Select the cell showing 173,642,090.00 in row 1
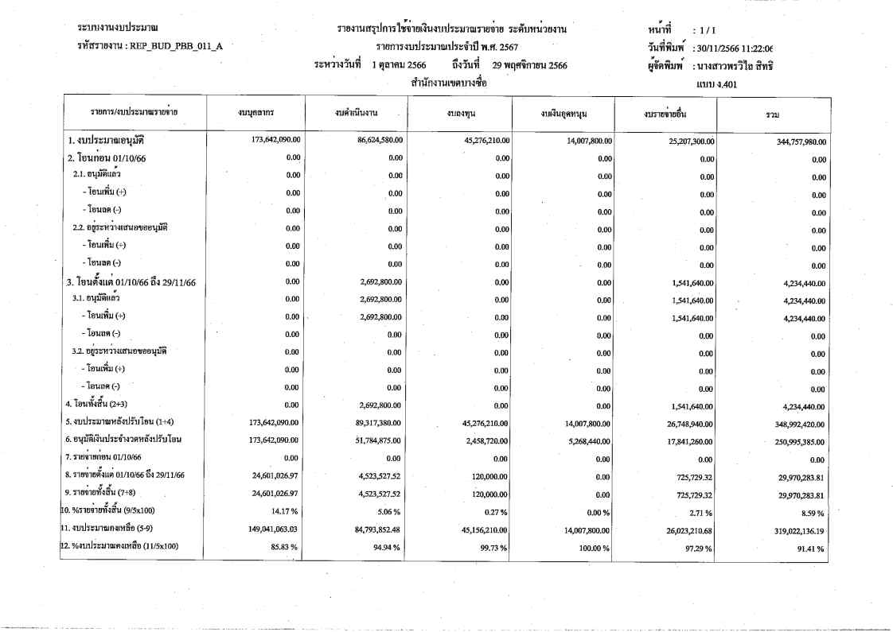(271, 140)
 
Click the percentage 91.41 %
(809, 549)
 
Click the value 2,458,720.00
(483, 440)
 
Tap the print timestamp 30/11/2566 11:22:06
(733, 48)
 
